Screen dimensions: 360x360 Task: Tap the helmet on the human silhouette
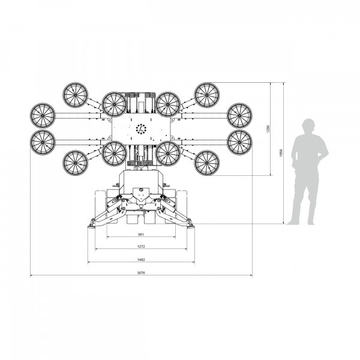308,124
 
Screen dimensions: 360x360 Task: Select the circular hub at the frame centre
142,128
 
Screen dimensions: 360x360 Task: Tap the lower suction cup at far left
43,142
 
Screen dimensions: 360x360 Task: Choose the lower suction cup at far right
239,142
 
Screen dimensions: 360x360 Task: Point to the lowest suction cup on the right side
207,162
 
